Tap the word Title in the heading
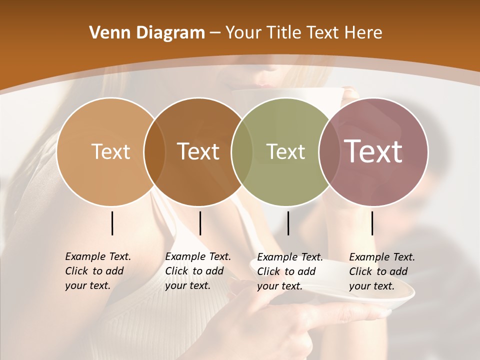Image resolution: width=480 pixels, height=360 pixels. pyautogui.click(x=284, y=33)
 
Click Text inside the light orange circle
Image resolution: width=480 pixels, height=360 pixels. pyautogui.click(x=110, y=151)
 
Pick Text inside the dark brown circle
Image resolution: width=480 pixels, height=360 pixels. pyautogui.click(x=198, y=151)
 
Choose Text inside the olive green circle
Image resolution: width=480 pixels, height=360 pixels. pyautogui.click(x=285, y=151)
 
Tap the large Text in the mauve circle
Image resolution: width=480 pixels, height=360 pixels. pyautogui.click(x=373, y=151)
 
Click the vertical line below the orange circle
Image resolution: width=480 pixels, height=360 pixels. pyautogui.click(x=112, y=223)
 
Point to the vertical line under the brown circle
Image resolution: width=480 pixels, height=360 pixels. pyautogui.click(x=200, y=223)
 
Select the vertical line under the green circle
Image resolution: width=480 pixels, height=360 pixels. pyautogui.click(x=288, y=223)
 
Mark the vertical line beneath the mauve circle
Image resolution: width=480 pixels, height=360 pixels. pyautogui.click(x=372, y=223)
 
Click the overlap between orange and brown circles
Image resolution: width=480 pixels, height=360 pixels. pyautogui.click(x=154, y=151)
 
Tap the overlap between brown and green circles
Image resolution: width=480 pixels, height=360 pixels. pyautogui.click(x=242, y=151)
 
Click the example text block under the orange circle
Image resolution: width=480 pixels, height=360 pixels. pyautogui.click(x=98, y=271)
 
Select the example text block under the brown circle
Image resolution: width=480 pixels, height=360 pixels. pyautogui.click(x=198, y=271)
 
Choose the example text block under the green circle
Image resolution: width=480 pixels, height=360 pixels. pyautogui.click(x=290, y=271)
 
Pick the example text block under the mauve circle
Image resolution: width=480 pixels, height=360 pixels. pyautogui.click(x=382, y=271)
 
